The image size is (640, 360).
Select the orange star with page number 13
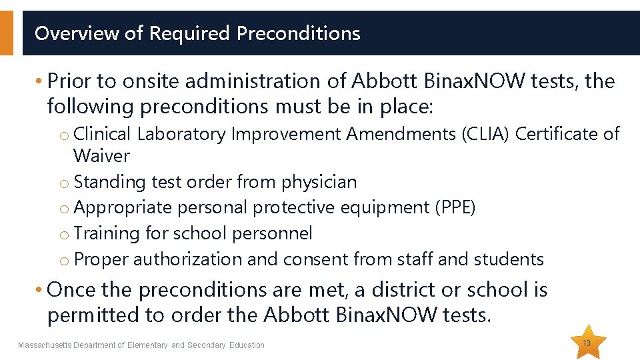coord(587,342)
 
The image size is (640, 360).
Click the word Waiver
coord(101,156)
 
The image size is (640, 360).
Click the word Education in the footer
coord(247,345)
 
